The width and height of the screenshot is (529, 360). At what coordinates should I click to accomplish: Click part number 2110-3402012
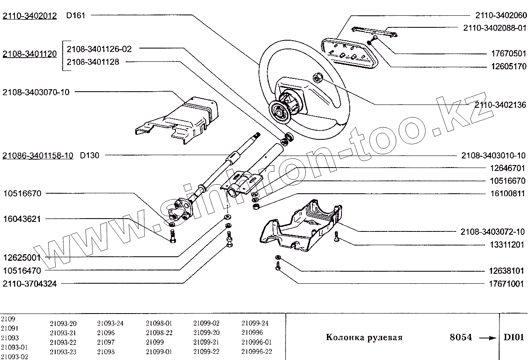29,16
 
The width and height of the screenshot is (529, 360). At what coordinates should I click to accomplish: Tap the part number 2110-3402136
500,105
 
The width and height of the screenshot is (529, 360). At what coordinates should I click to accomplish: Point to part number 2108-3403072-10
492,231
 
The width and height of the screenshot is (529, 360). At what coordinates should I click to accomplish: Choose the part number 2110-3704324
29,284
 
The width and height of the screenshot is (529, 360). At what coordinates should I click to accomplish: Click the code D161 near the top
76,16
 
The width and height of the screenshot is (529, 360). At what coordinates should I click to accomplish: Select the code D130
90,156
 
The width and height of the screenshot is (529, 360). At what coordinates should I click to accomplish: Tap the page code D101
514,337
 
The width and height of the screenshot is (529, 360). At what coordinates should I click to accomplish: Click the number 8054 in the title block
461,337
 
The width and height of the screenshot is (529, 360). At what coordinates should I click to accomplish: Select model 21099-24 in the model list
255,323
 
